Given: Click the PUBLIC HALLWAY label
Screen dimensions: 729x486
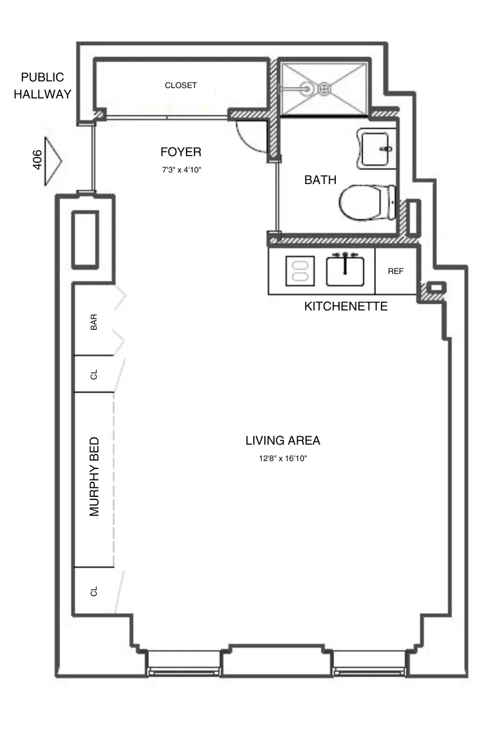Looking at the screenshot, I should [x=42, y=86].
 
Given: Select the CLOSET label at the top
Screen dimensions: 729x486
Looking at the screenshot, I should [x=181, y=86].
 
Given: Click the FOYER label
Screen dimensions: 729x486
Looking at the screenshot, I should [x=180, y=152].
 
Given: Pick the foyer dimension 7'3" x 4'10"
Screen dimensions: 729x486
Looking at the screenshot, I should [x=181, y=170].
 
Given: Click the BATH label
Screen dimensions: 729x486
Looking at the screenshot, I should [x=320, y=180].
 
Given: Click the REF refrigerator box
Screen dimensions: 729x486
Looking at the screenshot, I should [x=395, y=272].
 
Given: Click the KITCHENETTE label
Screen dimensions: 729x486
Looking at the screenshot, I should [x=346, y=307].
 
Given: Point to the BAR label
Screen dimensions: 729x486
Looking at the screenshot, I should [x=94, y=322].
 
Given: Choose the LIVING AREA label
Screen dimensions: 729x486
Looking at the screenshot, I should [x=282, y=440].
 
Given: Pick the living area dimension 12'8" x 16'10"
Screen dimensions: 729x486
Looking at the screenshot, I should [x=282, y=459].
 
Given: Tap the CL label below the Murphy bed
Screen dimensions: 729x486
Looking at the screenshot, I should [x=94, y=591].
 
